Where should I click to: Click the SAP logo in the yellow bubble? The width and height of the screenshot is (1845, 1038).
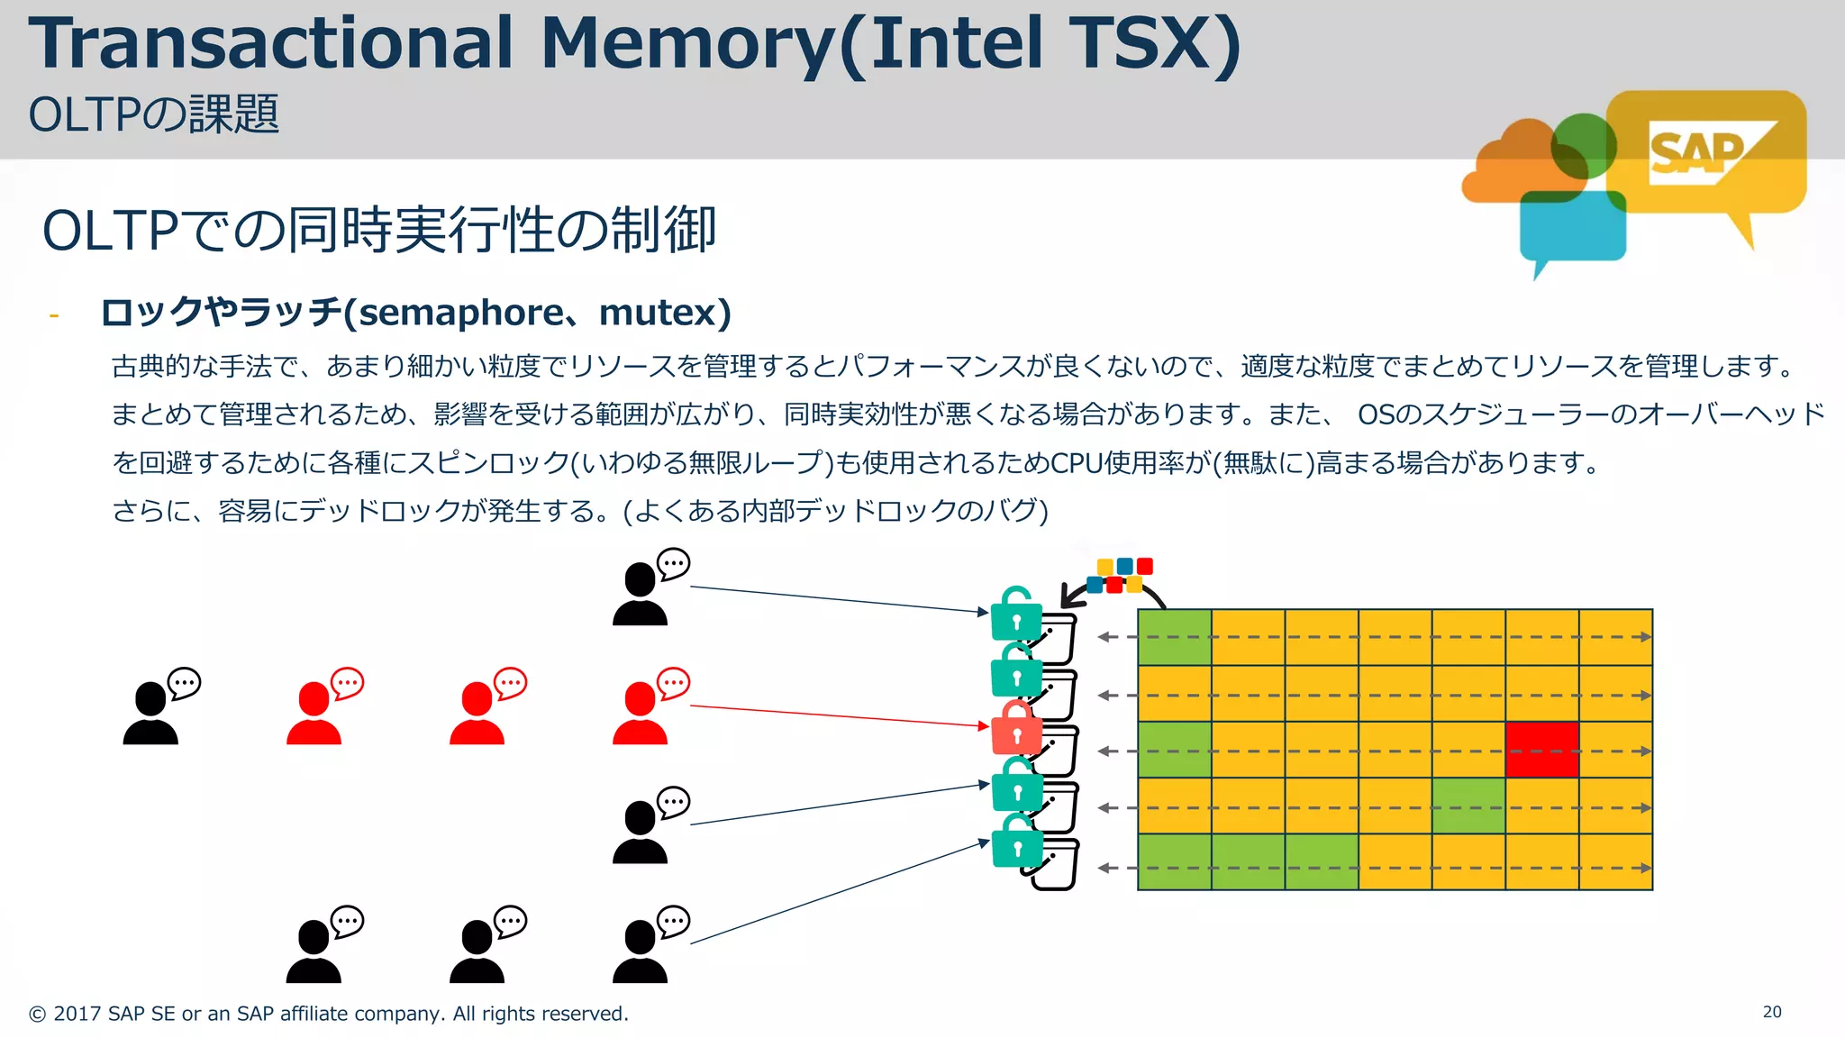tap(1697, 153)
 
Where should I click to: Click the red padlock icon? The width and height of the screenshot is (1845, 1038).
tap(1016, 730)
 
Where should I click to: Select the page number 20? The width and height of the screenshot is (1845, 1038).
tap(1772, 1012)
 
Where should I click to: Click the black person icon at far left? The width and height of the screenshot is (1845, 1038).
tap(151, 714)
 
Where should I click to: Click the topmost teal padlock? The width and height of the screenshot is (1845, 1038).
tap(1016, 616)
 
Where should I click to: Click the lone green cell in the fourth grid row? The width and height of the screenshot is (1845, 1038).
tap(1468, 806)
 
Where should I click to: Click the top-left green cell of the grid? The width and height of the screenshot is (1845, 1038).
tap(1175, 637)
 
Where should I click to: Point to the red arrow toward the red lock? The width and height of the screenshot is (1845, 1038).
tap(838, 715)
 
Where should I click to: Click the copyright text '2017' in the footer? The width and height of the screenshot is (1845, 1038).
tap(77, 1014)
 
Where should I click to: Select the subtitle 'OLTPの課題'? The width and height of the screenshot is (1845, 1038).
tap(153, 115)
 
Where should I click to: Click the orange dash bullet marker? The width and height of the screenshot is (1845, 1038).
tap(54, 315)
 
